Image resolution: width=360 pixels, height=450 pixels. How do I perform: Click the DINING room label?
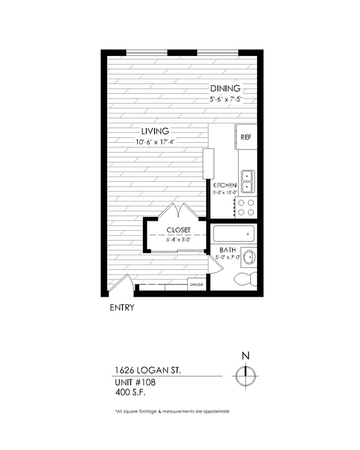click(x=225, y=89)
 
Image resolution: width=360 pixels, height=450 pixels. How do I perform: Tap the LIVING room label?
click(x=155, y=131)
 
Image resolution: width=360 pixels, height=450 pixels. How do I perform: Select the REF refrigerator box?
click(x=246, y=137)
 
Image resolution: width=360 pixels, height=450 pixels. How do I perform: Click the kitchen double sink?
click(x=246, y=177)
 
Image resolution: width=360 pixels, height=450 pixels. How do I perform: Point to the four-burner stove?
click(x=246, y=206)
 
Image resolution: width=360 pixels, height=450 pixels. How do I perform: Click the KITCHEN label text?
click(x=225, y=185)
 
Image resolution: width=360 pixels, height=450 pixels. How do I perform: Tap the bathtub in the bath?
click(x=234, y=234)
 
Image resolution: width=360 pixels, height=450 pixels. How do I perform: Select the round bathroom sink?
click(x=249, y=257)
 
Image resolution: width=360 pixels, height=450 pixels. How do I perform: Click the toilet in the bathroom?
click(x=244, y=278)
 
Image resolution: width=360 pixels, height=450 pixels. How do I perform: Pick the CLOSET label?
click(x=178, y=230)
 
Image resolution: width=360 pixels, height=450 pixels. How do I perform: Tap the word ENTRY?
click(x=122, y=308)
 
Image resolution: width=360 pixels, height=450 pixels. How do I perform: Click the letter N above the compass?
click(x=244, y=356)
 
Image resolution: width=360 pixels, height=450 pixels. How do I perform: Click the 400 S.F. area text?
click(x=132, y=393)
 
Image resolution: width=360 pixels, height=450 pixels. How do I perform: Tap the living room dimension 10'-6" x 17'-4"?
click(x=159, y=142)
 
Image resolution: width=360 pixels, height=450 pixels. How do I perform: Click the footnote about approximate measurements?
click(x=172, y=412)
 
